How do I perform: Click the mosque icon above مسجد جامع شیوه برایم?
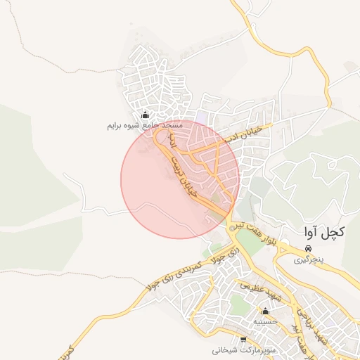click(146, 115)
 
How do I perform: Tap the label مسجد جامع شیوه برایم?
click(145, 125)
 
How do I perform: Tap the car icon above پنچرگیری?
click(309, 250)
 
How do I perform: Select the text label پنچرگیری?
click(309, 260)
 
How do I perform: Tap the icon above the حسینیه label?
click(266, 311)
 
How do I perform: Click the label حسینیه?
click(266, 321)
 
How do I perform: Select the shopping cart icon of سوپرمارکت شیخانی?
click(244, 339)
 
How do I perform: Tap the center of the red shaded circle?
click(180, 179)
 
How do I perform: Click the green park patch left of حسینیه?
click(239, 305)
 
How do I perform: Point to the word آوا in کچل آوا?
click(311, 231)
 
